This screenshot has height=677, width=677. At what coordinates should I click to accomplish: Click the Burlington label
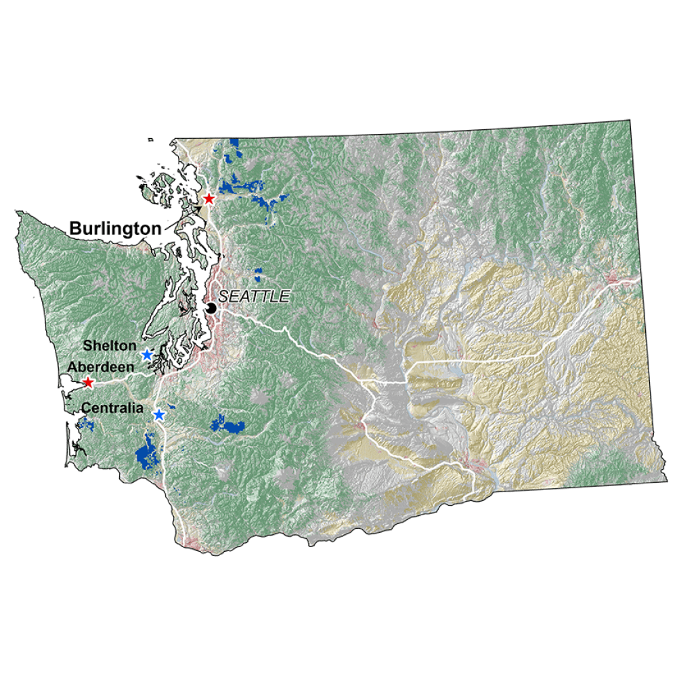116,229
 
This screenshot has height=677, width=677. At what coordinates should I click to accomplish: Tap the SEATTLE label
255,297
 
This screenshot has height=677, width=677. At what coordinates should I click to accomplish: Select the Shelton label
110,346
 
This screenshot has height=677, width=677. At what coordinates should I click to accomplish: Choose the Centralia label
112,408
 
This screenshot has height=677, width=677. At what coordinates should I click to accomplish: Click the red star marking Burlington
209,198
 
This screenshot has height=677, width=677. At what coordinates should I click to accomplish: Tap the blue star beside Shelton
147,354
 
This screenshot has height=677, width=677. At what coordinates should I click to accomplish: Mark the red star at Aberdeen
87,383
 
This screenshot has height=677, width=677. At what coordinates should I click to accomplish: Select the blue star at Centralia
159,414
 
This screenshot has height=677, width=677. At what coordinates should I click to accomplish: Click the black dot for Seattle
211,308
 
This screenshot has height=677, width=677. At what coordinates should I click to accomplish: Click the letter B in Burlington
74,229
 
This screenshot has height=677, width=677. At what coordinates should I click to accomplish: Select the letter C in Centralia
86,408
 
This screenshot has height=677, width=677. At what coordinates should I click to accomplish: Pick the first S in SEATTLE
223,297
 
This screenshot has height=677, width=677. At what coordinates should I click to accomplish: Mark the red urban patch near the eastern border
616,276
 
